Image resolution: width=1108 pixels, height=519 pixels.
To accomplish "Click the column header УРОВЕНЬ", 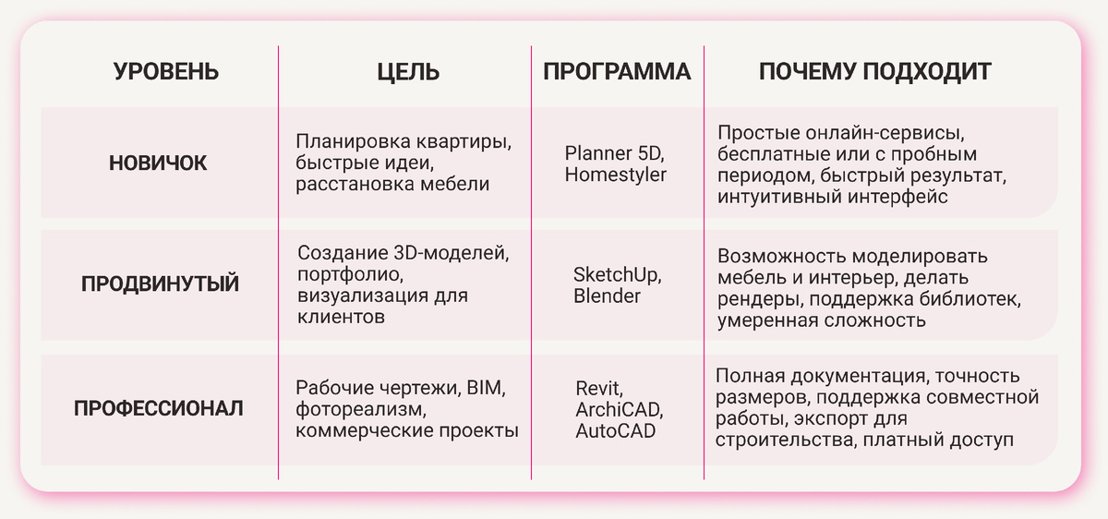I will pyautogui.click(x=166, y=72).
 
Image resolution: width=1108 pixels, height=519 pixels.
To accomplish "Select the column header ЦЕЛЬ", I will pyautogui.click(x=408, y=72).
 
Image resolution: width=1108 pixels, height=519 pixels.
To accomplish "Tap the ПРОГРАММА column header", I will pyautogui.click(x=617, y=72).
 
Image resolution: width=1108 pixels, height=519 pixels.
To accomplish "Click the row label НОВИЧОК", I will pyautogui.click(x=158, y=163).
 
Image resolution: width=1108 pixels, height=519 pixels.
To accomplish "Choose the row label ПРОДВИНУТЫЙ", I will pyautogui.click(x=160, y=284).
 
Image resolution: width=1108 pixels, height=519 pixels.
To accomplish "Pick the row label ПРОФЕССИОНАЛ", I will pyautogui.click(x=159, y=407).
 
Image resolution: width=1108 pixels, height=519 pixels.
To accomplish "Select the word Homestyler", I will pyautogui.click(x=615, y=175).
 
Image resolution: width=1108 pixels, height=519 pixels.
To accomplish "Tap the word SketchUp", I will pyautogui.click(x=616, y=275).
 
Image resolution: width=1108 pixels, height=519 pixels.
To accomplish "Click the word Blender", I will pyautogui.click(x=607, y=296).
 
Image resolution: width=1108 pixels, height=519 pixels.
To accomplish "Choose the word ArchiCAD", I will pyautogui.click(x=619, y=409).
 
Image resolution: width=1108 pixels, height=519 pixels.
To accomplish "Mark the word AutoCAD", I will pyautogui.click(x=616, y=430).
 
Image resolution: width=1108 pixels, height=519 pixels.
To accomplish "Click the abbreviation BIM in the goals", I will pyautogui.click(x=487, y=387).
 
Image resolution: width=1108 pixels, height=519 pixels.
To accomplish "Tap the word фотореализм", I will pyautogui.click(x=358, y=409).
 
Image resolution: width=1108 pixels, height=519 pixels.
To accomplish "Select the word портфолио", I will pyautogui.click(x=350, y=275).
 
